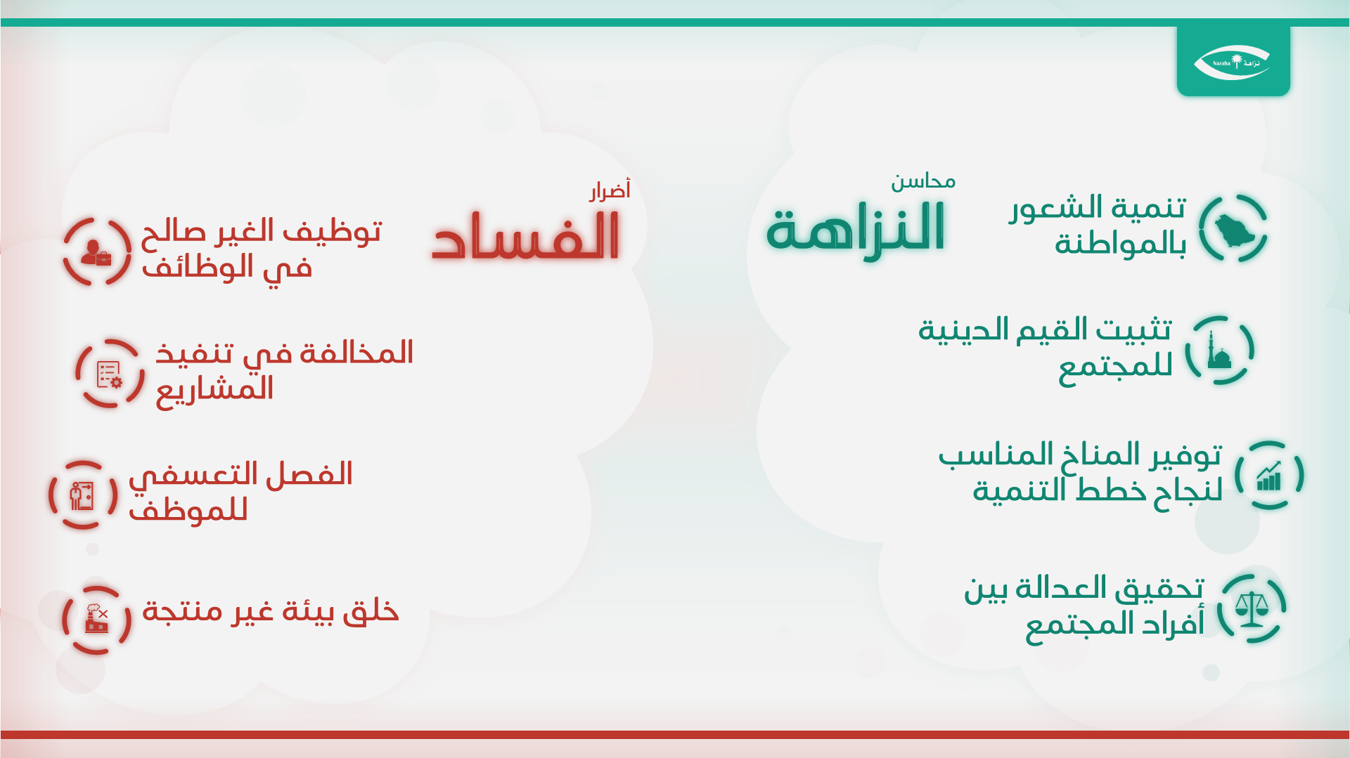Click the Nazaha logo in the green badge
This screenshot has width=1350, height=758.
(1233, 63)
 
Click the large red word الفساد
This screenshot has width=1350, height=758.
(526, 237)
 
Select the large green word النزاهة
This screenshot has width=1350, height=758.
(856, 230)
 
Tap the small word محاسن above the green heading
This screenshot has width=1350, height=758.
(923, 182)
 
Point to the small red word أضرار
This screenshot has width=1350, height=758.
(610, 190)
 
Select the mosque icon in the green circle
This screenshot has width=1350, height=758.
(1219, 351)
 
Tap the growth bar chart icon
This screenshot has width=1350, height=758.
(1269, 476)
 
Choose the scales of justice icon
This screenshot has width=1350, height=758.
(1252, 609)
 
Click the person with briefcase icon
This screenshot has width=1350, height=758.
(96, 253)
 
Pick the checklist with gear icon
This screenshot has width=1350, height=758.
(109, 374)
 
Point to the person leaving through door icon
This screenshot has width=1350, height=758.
(82, 496)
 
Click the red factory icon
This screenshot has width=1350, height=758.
(97, 618)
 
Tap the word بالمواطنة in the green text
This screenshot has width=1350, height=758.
(1121, 244)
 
